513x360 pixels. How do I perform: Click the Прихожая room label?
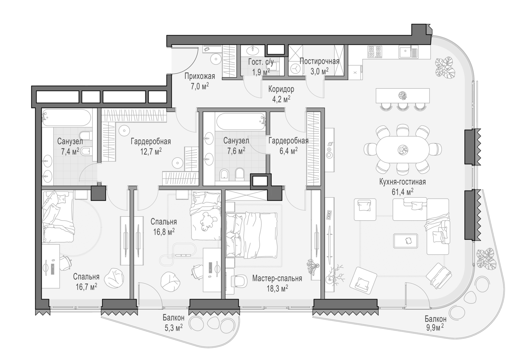(200, 76)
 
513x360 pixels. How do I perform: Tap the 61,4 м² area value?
(403, 192)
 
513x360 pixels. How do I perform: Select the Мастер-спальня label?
(277, 279)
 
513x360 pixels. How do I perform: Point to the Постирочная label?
(319, 61)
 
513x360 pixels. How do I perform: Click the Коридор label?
(281, 89)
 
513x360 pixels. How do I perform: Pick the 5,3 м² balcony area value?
(174, 328)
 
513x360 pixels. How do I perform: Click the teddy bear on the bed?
(208, 221)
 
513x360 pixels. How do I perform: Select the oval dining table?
(403, 150)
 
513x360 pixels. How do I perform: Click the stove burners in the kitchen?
(375, 52)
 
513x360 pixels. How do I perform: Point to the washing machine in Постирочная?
(295, 68)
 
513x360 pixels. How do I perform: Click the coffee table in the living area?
(405, 241)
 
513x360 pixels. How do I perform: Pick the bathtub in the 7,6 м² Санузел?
(241, 122)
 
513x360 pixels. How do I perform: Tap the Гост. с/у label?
(261, 62)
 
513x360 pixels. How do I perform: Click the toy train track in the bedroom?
(178, 254)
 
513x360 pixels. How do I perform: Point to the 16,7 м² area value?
(86, 287)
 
